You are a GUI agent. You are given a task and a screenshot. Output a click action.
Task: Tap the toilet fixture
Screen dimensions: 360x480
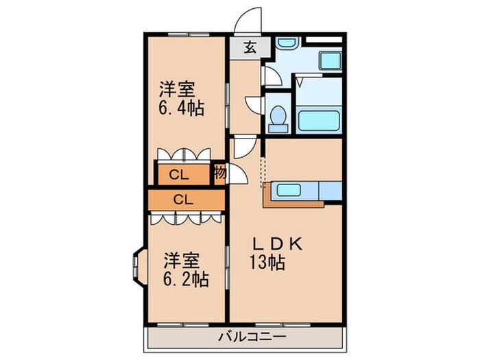[x=278, y=118]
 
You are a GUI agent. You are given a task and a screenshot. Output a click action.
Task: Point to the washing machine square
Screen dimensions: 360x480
[x=331, y=60]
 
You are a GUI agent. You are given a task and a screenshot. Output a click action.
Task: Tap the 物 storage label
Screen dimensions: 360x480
[x=219, y=173]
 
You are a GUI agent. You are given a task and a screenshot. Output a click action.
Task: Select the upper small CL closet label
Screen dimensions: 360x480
[x=180, y=174]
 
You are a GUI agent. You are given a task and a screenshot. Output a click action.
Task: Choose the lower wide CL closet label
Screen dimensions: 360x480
[x=182, y=200]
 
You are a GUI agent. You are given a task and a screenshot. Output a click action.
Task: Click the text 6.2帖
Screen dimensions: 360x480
[x=185, y=279]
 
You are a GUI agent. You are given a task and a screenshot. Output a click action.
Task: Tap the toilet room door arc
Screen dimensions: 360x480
[x=255, y=105]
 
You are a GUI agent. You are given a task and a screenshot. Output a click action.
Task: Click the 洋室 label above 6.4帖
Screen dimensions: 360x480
[x=178, y=89]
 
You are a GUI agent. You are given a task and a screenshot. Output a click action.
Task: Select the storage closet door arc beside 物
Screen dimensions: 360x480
[x=238, y=174]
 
